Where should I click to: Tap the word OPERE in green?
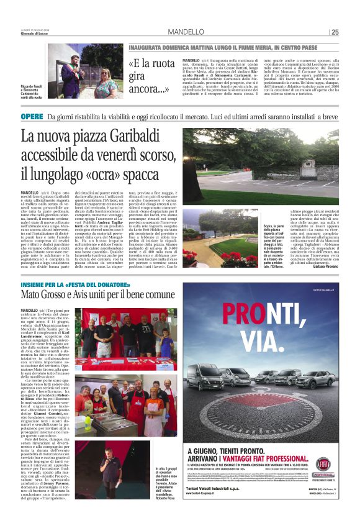coord(32,117)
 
